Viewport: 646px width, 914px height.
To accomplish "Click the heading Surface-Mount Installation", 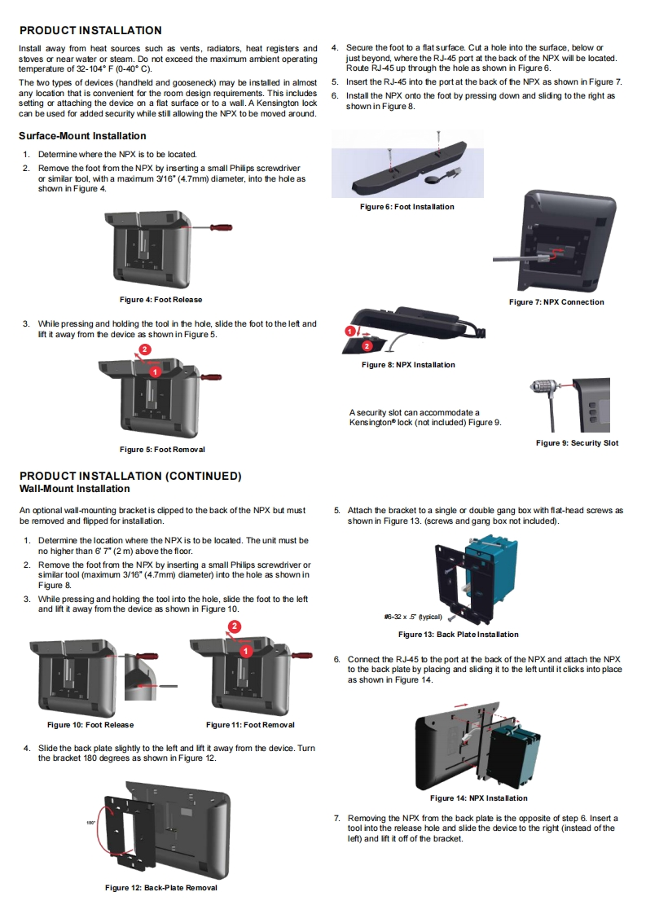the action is point(82,136).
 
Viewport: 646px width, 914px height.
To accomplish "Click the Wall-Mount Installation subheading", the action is point(74,489).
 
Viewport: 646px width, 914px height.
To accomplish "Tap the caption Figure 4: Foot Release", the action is point(161,300).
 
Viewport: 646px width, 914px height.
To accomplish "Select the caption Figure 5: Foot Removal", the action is point(162,450).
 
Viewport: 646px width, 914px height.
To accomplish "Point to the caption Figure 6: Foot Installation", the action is point(407,207).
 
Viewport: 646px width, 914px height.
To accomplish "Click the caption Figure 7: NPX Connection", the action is point(556,302).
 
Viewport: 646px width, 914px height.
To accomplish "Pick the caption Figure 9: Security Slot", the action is point(577,443).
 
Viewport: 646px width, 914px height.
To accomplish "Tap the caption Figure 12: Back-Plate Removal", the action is point(161,887).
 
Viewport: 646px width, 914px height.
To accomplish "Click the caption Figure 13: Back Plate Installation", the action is point(458,635).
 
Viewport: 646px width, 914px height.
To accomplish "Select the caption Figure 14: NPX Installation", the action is point(478,798).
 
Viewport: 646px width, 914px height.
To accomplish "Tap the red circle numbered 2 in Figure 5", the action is point(144,349).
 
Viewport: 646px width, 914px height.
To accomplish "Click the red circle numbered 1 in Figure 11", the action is point(245,651).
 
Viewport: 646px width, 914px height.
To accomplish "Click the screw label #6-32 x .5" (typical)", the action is point(412,617).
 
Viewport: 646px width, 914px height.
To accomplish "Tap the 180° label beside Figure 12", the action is point(91,823).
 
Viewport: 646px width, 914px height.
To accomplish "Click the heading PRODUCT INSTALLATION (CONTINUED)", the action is point(130,476).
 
